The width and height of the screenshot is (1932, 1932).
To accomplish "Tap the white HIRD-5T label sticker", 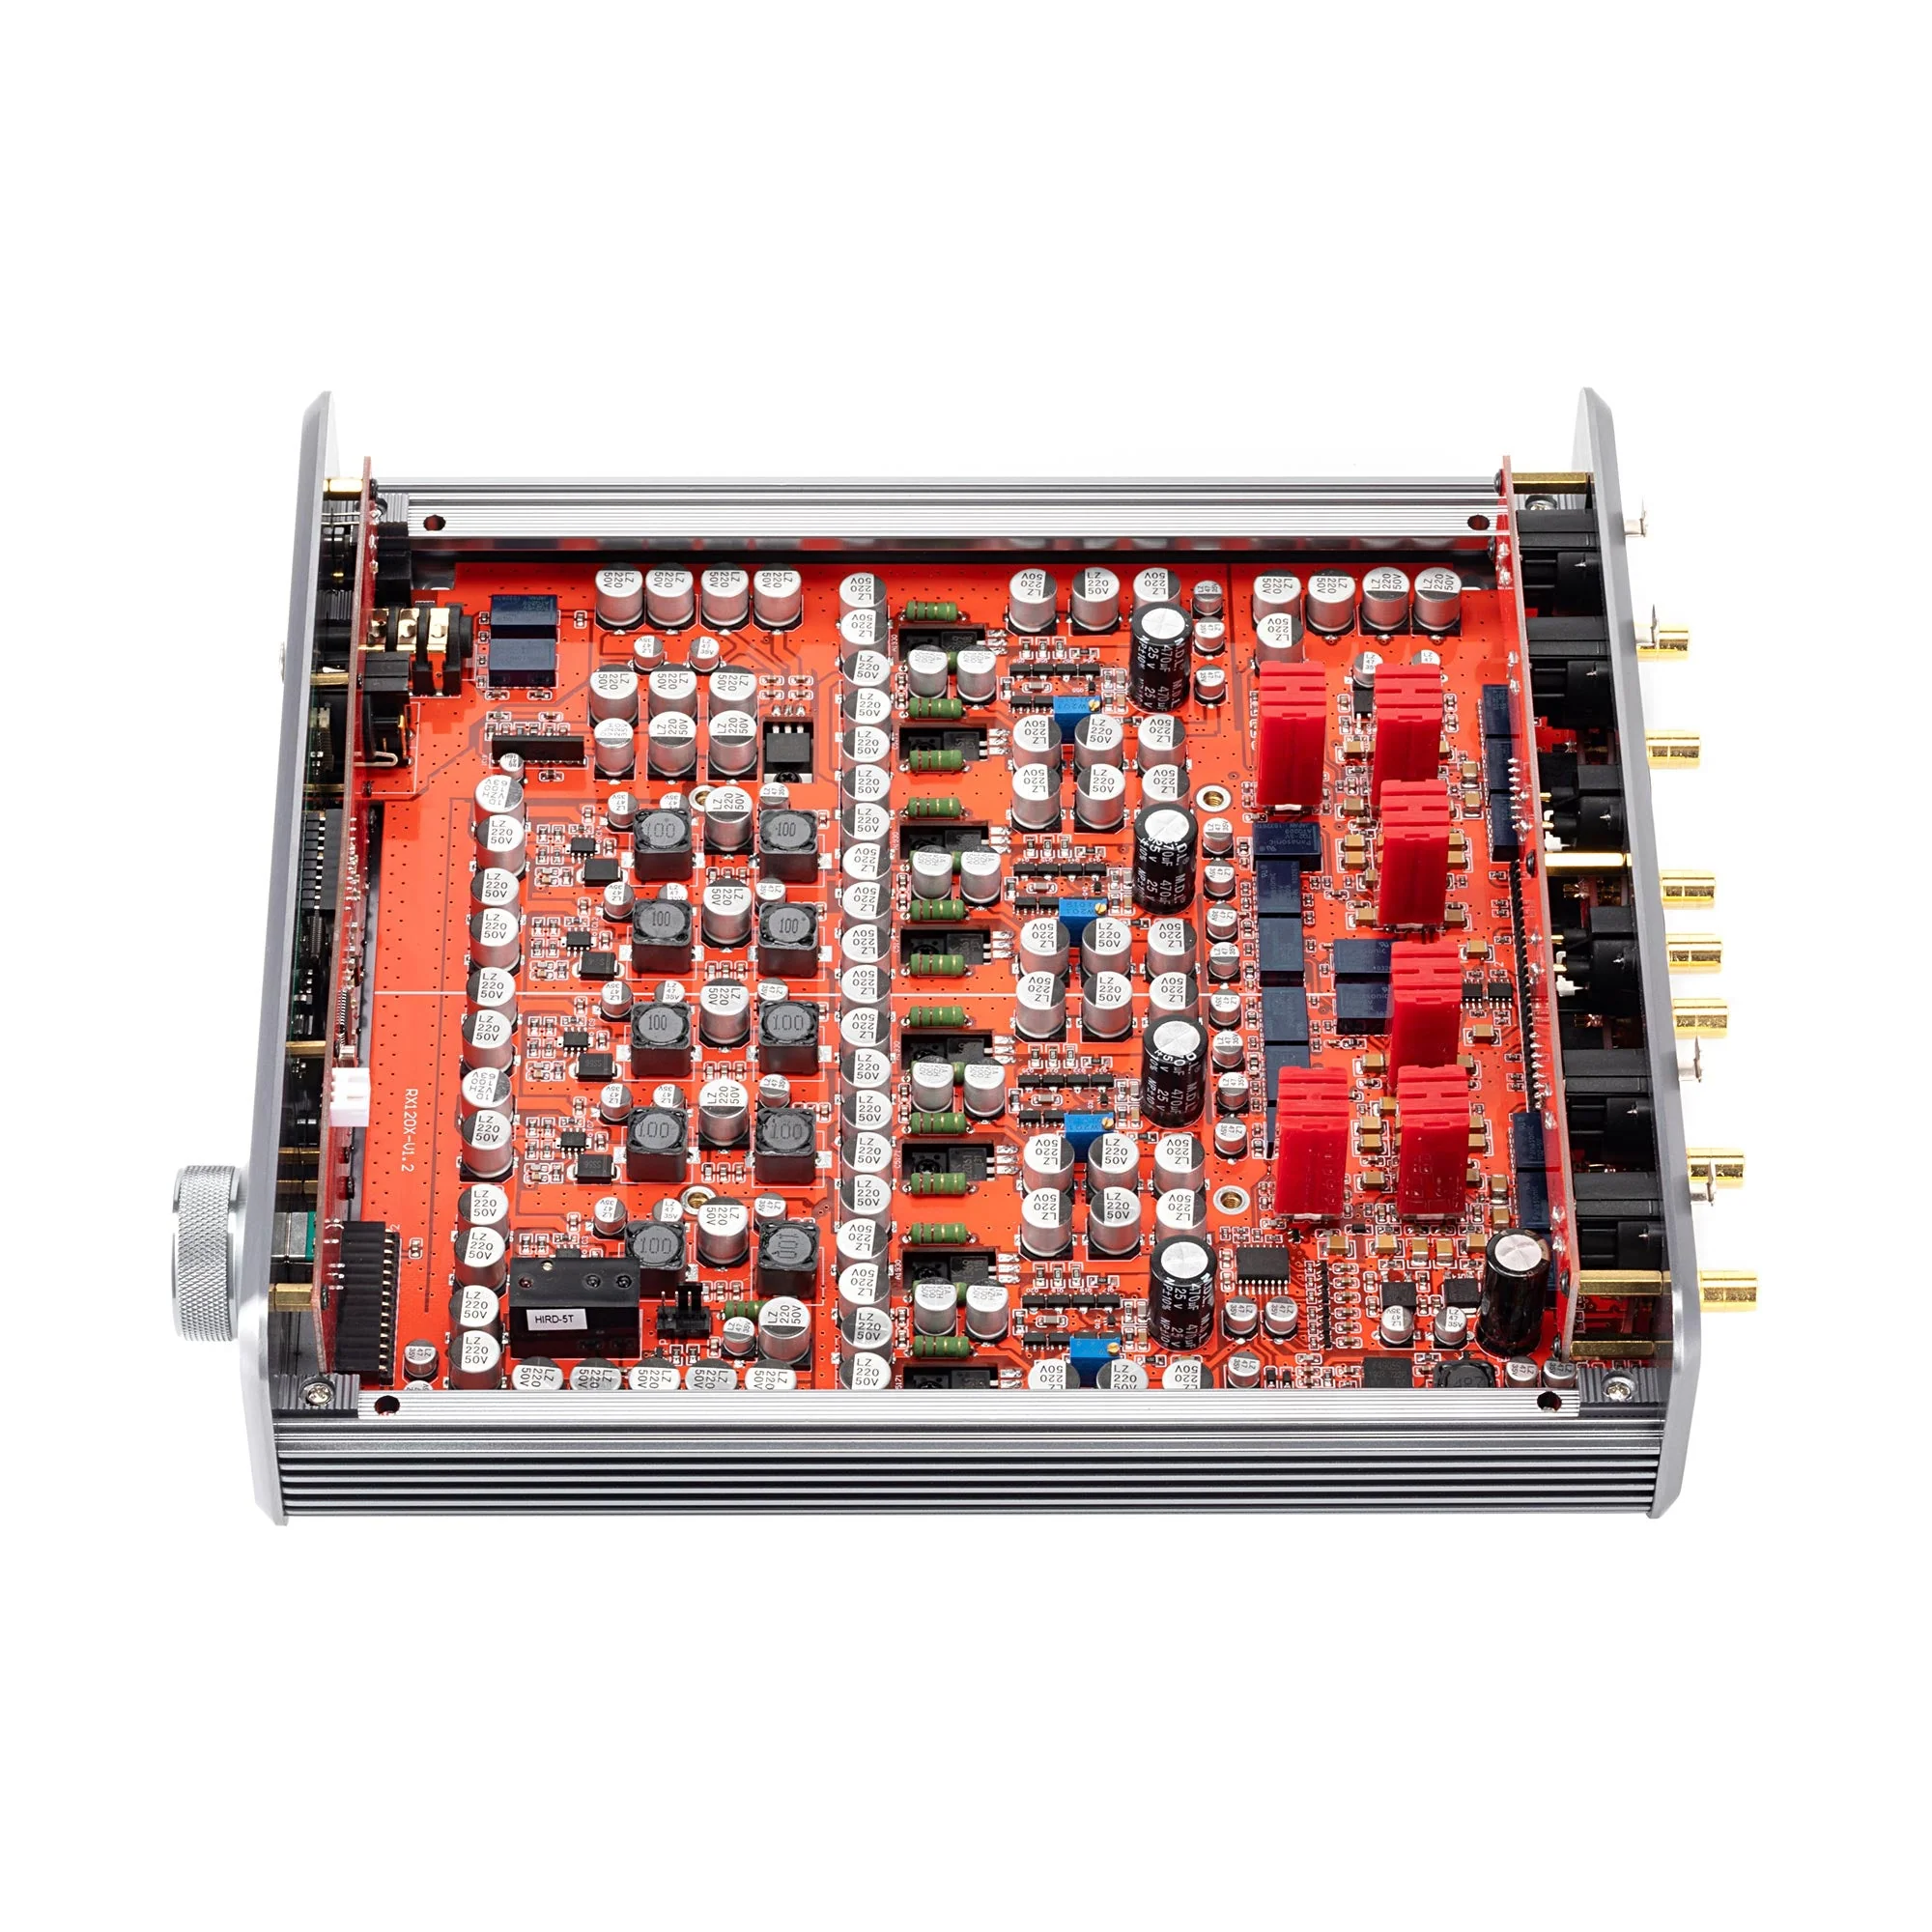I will pyautogui.click(x=554, y=1318).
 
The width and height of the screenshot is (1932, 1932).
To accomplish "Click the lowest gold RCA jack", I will pyautogui.click(x=1728, y=1289).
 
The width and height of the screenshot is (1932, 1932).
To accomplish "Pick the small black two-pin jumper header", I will pyautogui.click(x=685, y=1301).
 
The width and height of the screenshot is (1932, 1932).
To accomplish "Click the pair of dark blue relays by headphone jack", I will pyautogui.click(x=521, y=640).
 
